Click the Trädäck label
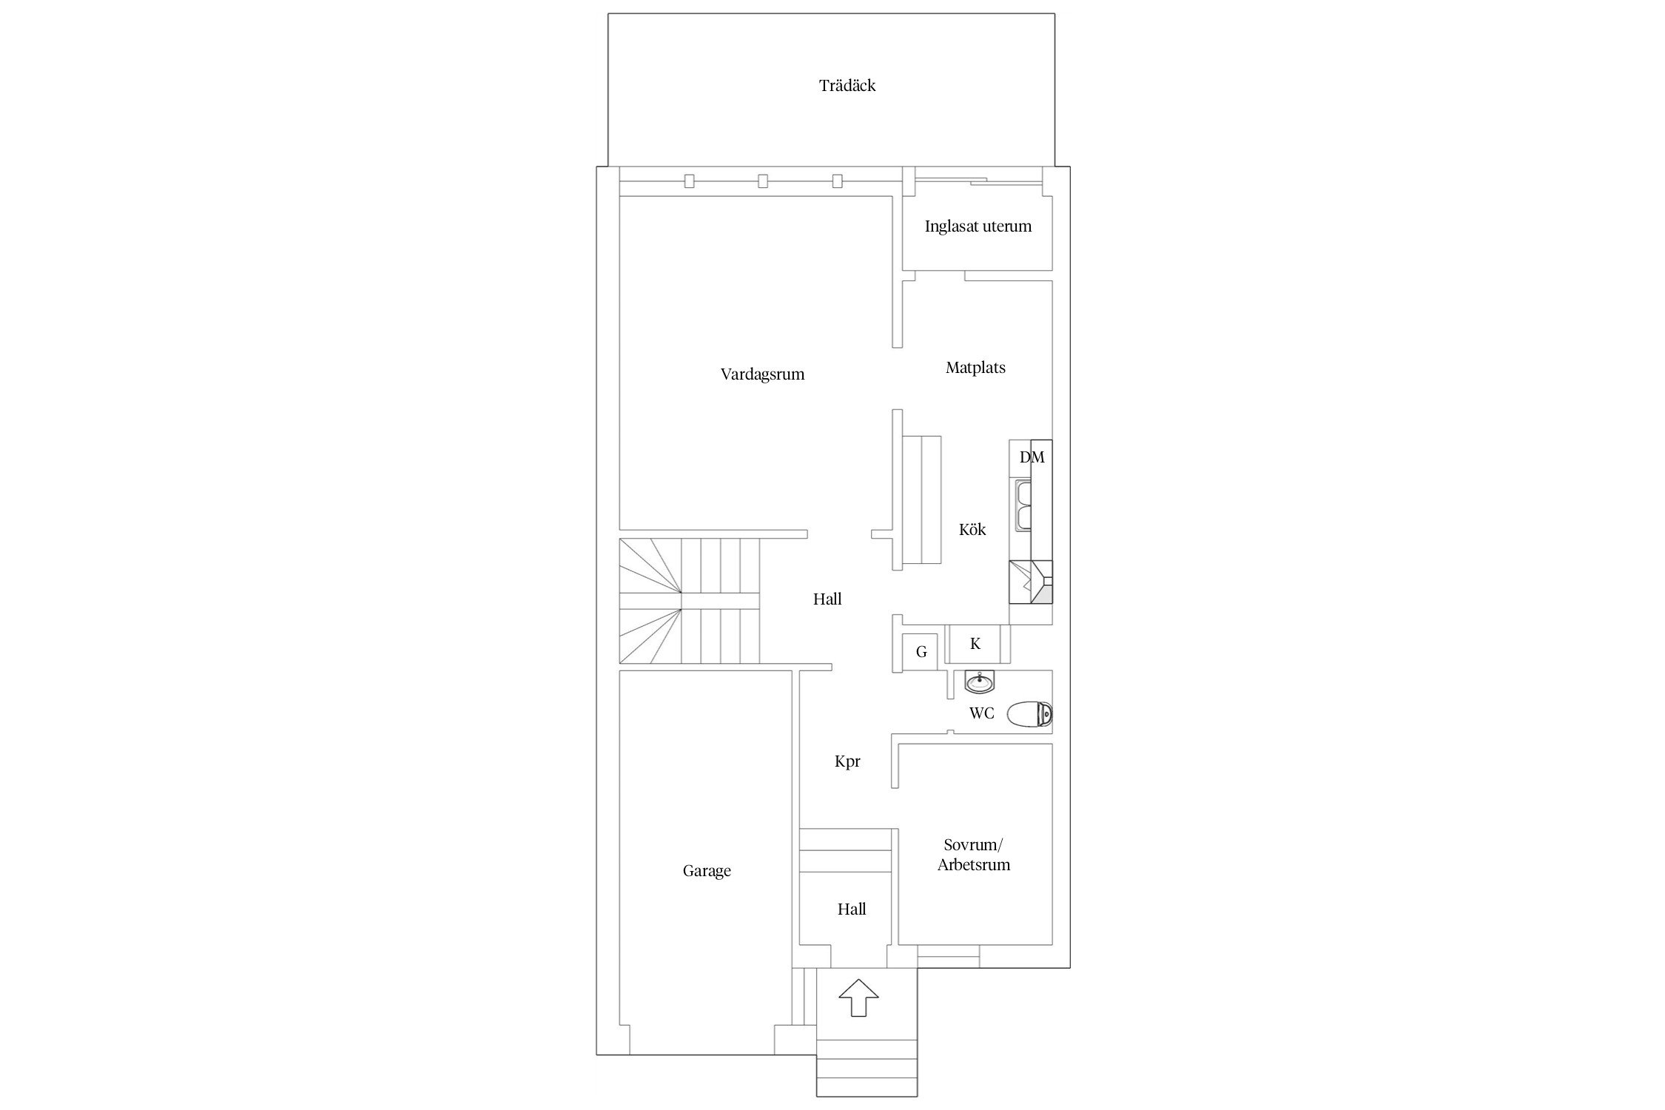pos(847,86)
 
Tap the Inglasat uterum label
pos(978,226)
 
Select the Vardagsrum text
pos(762,374)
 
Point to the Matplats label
pos(975,368)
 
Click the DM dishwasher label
pos(1032,457)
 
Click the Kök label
pos(972,530)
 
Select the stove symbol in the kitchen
pos(1031,582)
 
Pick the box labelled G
pos(921,653)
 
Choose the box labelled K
pos(975,644)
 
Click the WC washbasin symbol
pos(980,683)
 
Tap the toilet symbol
pos(1029,714)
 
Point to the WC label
pos(982,714)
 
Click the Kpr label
pos(847,761)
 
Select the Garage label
pos(707,871)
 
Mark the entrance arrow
pos(858,998)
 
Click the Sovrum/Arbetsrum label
pos(974,855)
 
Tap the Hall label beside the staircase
pos(827,599)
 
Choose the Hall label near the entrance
pos(852,909)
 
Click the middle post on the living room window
pos(763,181)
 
